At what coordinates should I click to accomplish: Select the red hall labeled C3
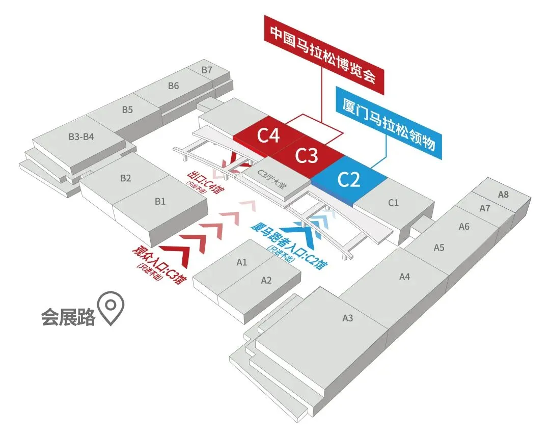(x=307, y=156)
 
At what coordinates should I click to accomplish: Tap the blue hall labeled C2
(x=349, y=180)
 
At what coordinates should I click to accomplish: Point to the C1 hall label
(x=394, y=203)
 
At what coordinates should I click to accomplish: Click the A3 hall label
(x=348, y=318)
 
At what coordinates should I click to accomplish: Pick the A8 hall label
(x=503, y=194)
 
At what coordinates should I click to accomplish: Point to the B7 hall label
(x=207, y=70)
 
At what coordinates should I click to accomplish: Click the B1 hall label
(x=160, y=201)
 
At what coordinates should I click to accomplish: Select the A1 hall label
(x=242, y=263)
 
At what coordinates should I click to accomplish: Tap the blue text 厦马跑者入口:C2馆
(x=289, y=244)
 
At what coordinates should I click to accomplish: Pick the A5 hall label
(x=439, y=248)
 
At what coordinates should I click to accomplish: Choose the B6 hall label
(x=174, y=86)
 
